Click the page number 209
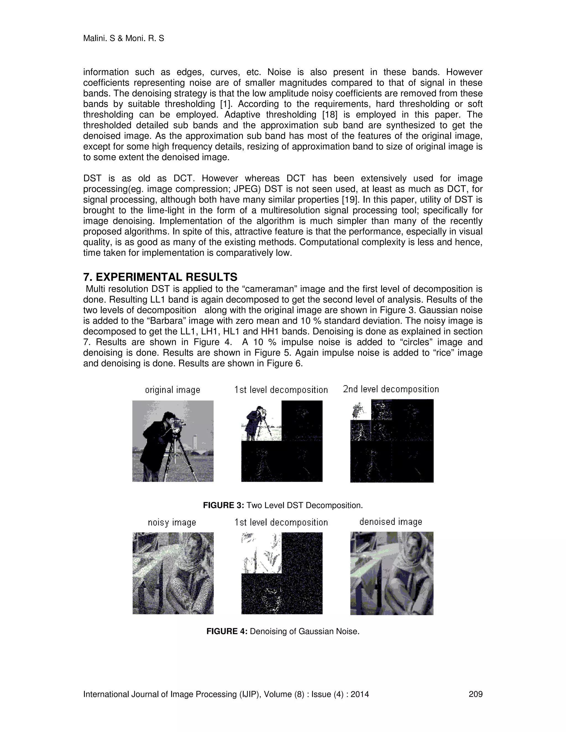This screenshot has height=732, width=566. [475, 694]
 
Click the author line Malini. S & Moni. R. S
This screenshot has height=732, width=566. [123, 39]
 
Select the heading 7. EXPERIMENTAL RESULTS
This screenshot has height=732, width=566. [160, 277]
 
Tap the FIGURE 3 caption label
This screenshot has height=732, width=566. [223, 505]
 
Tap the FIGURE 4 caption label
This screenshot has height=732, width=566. [227, 631]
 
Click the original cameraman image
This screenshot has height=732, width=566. [173, 441]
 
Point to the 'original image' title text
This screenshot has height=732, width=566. [172, 390]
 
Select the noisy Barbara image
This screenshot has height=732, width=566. [173, 573]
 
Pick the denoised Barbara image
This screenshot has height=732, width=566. [392, 573]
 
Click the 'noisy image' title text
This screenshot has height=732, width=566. [172, 523]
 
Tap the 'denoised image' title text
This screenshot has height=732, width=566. [391, 522]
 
